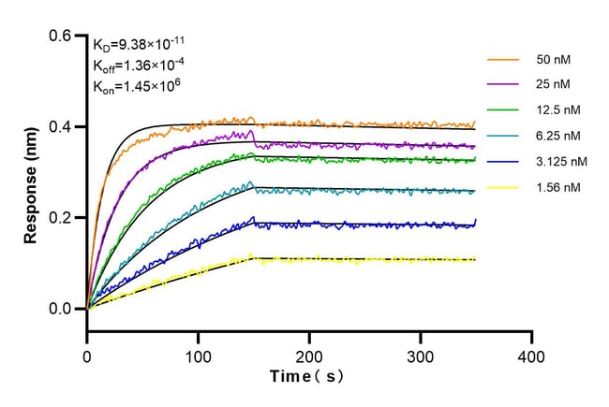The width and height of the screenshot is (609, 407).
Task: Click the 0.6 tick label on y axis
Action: (61, 36)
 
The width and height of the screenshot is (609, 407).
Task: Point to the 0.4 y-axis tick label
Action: (61, 127)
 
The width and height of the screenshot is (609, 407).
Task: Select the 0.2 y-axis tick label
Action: (61, 218)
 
